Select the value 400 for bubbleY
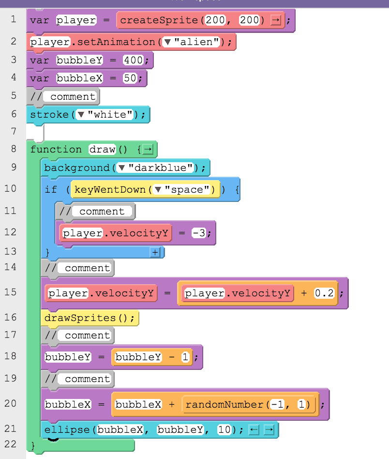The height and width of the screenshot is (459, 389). tap(134, 60)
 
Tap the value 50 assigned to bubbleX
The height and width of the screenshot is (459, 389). tap(130, 78)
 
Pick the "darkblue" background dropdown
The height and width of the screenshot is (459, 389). tap(155, 168)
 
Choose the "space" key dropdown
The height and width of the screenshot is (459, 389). tap(184, 190)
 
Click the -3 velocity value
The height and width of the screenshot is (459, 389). tap(199, 233)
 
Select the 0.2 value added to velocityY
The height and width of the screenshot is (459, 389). tap(324, 293)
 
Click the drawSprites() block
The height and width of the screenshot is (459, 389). tap(90, 318)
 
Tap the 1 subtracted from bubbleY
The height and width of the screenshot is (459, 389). tap(185, 357)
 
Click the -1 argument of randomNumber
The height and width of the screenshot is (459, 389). tap(277, 404)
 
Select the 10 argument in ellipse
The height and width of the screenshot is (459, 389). tap(224, 429)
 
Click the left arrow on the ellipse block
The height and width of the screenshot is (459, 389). tap(254, 430)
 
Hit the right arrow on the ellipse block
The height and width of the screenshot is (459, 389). tap(269, 430)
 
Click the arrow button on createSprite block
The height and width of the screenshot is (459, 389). tap(275, 20)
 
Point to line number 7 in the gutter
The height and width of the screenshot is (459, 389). tap(14, 131)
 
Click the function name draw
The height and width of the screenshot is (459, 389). tap(103, 149)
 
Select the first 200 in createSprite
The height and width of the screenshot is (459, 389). tap(215, 20)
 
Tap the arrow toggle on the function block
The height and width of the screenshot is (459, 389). tap(148, 150)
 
